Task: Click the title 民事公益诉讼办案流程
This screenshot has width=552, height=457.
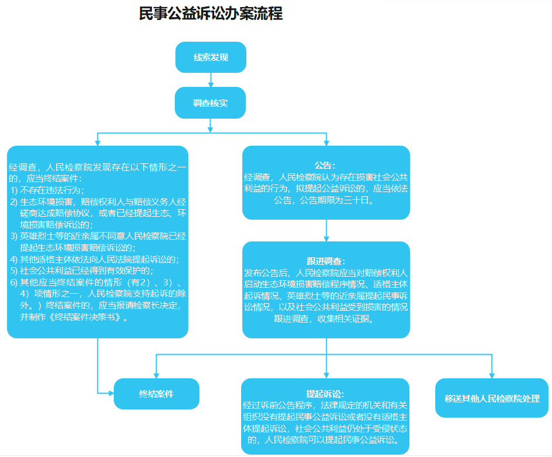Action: (211, 14)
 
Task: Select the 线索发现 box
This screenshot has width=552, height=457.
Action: (211, 57)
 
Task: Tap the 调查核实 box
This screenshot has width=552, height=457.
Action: (210, 103)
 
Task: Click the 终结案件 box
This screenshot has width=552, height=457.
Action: (156, 394)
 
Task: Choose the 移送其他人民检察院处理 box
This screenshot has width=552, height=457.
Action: (492, 398)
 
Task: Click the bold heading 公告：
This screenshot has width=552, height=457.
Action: (326, 165)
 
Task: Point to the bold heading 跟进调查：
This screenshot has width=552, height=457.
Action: (326, 261)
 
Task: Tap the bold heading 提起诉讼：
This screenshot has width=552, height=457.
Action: (325, 394)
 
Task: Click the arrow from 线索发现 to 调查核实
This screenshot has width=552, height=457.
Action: (211, 80)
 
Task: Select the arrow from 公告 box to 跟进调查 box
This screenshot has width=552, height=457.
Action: (326, 231)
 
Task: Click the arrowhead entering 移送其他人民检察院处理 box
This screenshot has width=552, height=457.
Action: (492, 375)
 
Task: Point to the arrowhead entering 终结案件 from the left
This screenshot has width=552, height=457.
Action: (111, 393)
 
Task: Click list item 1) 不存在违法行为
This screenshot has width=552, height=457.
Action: (47, 190)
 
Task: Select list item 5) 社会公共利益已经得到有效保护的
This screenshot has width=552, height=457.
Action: (82, 271)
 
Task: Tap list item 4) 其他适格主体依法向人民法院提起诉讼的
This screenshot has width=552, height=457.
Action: (94, 260)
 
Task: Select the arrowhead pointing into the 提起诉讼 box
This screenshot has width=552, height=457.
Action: (326, 375)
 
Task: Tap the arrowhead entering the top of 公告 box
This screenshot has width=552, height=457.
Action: (326, 143)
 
